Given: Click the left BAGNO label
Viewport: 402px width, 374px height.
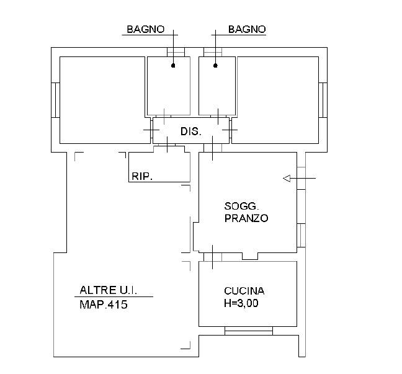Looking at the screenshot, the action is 146,29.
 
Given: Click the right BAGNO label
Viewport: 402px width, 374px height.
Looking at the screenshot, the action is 247,29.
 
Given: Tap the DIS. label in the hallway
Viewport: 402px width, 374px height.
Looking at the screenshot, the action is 191,131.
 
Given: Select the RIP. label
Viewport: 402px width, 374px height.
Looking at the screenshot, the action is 142,176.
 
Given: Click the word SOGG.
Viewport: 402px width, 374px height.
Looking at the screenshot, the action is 241,206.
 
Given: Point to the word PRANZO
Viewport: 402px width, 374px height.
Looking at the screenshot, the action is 246,218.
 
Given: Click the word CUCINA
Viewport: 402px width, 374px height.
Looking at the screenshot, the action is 244,291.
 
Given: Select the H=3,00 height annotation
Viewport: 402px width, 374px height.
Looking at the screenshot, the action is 241,303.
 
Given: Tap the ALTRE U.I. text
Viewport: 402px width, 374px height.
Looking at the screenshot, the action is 108,290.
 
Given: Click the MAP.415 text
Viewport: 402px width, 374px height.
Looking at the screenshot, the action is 104,305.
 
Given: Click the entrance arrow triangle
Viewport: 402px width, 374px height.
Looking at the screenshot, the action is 287,178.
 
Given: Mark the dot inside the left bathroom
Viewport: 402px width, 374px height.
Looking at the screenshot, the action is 173,66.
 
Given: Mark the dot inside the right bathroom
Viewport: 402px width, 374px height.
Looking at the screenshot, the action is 215,66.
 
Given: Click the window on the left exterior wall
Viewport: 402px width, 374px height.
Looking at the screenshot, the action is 55,100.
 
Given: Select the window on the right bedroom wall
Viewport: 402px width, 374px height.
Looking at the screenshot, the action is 323,100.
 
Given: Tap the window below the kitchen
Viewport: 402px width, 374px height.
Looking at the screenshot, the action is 249,331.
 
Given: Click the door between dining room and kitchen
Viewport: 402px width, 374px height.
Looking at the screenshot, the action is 213,257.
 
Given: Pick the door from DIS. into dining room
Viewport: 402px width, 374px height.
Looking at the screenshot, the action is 213,148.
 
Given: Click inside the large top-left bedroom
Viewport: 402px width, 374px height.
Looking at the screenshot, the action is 102,100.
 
